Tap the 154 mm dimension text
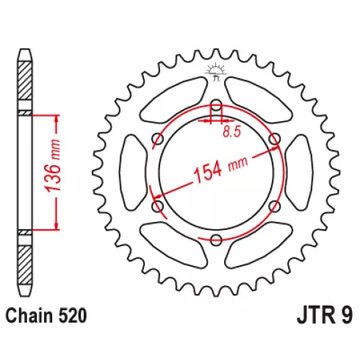(x=220, y=168)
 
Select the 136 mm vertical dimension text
(x=53, y=165)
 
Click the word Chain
(x=29, y=316)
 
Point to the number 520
(x=72, y=316)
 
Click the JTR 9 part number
(x=325, y=315)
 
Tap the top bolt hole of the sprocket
(x=216, y=105)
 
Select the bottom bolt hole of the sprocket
(x=216, y=240)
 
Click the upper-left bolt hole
(x=158, y=139)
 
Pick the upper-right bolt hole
(x=274, y=139)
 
